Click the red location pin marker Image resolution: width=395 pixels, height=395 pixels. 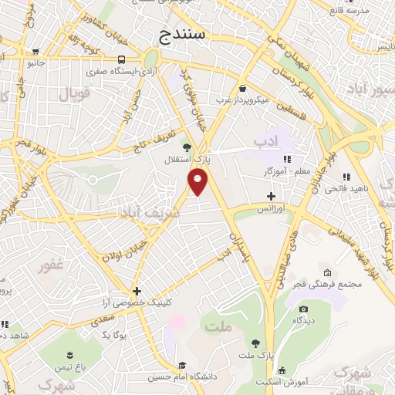[x=198, y=181]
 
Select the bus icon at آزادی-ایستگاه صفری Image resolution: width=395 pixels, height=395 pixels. [x=122, y=59]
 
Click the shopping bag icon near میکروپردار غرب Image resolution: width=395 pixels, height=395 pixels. [x=243, y=88]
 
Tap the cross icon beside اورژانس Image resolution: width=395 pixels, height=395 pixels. [x=270, y=196]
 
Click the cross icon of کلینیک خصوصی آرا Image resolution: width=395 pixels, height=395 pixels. [x=137, y=291]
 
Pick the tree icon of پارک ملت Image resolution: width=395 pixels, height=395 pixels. [x=255, y=343]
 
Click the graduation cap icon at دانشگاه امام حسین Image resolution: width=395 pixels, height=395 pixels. [x=183, y=366]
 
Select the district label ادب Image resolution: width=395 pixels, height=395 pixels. [x=265, y=141]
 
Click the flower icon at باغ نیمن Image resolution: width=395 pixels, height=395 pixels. [x=70, y=355]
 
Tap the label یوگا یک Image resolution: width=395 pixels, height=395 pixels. [x=113, y=335]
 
